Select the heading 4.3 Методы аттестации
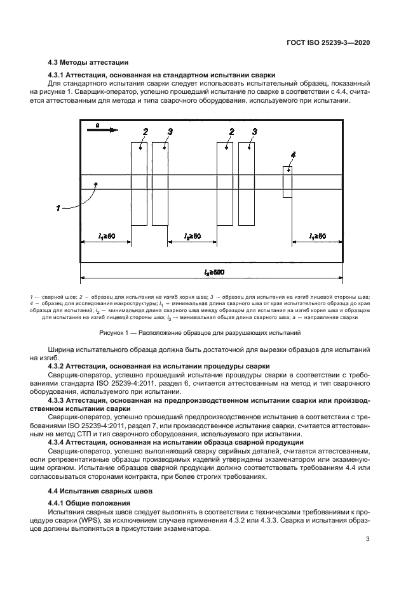coord(89,62)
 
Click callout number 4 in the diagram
coord(293,154)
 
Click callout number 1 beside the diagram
coord(58,206)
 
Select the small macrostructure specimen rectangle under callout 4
coord(287,181)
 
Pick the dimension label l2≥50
coord(192,237)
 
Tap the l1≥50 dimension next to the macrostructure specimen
coord(318,237)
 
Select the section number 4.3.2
coord(58,367)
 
